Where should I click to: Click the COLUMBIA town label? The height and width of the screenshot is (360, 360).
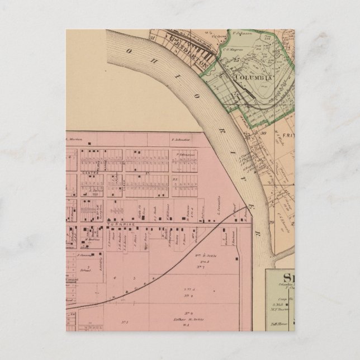[252, 77]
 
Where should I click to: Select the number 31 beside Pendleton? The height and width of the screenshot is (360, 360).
[151, 37]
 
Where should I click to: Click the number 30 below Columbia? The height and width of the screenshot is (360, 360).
[262, 133]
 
